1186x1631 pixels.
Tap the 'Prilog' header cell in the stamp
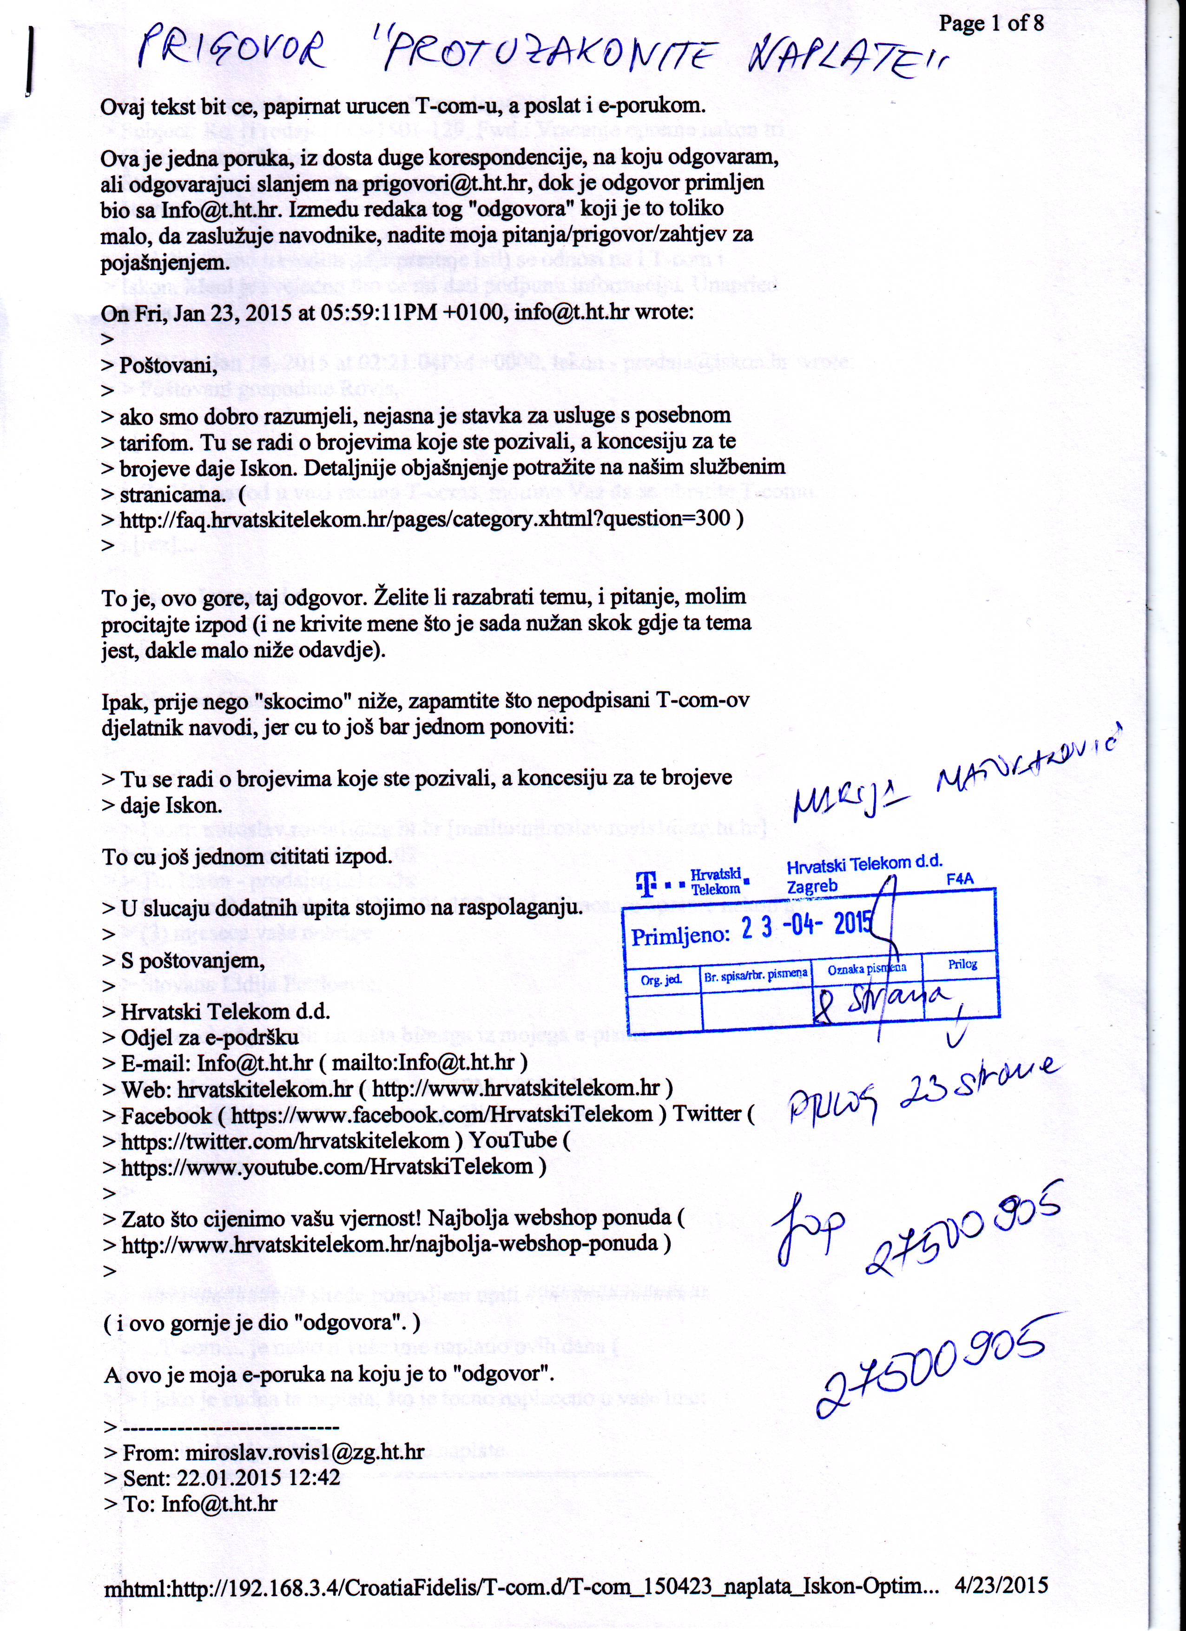(x=962, y=964)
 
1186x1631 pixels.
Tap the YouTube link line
(x=327, y=1167)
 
